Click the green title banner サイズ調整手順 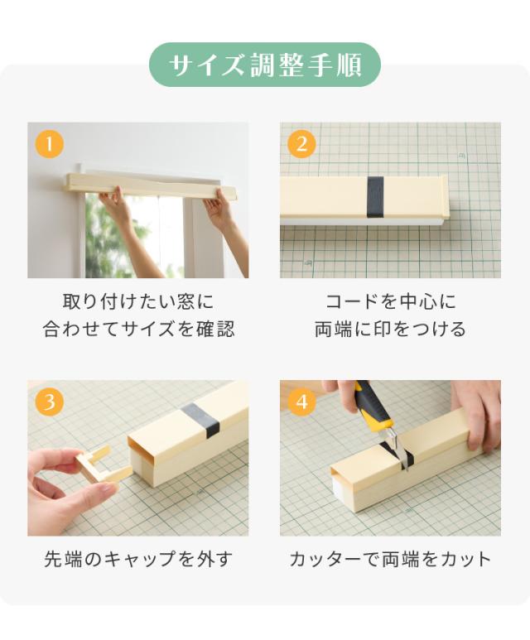265,65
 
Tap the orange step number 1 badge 50,144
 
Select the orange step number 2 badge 301,144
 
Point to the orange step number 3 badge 50,402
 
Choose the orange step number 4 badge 301,402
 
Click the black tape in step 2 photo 375,197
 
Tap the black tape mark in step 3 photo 200,421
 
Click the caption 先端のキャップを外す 138,559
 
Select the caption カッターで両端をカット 390,559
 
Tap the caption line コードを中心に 390,301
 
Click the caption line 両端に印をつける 390,329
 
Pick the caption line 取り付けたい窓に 138,301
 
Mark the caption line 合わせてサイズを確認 138,329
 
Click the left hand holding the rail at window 114,204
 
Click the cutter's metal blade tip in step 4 407,469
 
